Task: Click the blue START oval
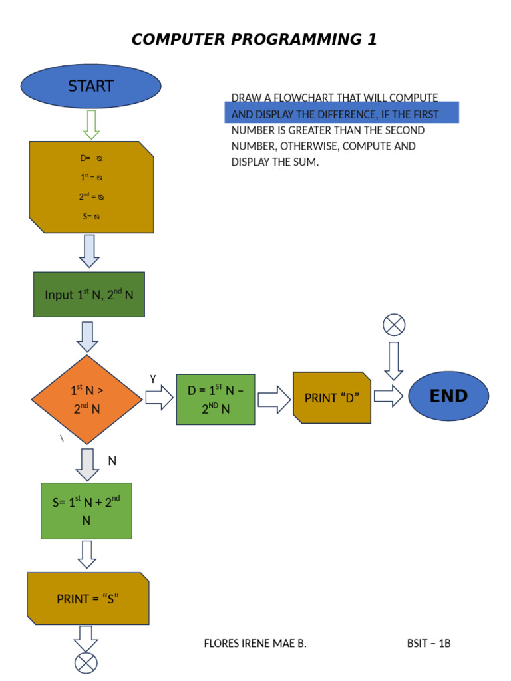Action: coord(91,86)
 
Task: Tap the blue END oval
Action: coord(448,396)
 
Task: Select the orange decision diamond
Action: coord(86,399)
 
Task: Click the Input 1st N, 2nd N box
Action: coord(89,294)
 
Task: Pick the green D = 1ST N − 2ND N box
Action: coord(216,399)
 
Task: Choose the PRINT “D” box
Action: coord(332,398)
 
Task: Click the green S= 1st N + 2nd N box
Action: coord(86,511)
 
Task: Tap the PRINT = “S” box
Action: coord(88,599)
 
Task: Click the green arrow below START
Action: coord(91,124)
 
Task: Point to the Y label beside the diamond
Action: coord(153,379)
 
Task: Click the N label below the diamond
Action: coord(112,460)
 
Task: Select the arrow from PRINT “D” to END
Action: coord(389,396)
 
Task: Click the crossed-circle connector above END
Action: coord(394,325)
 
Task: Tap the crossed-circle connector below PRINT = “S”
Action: coord(86,663)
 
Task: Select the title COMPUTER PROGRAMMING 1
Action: coord(254,39)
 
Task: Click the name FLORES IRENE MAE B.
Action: coord(255,643)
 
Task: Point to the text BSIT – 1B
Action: coord(429,643)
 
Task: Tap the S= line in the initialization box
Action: coord(91,217)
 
